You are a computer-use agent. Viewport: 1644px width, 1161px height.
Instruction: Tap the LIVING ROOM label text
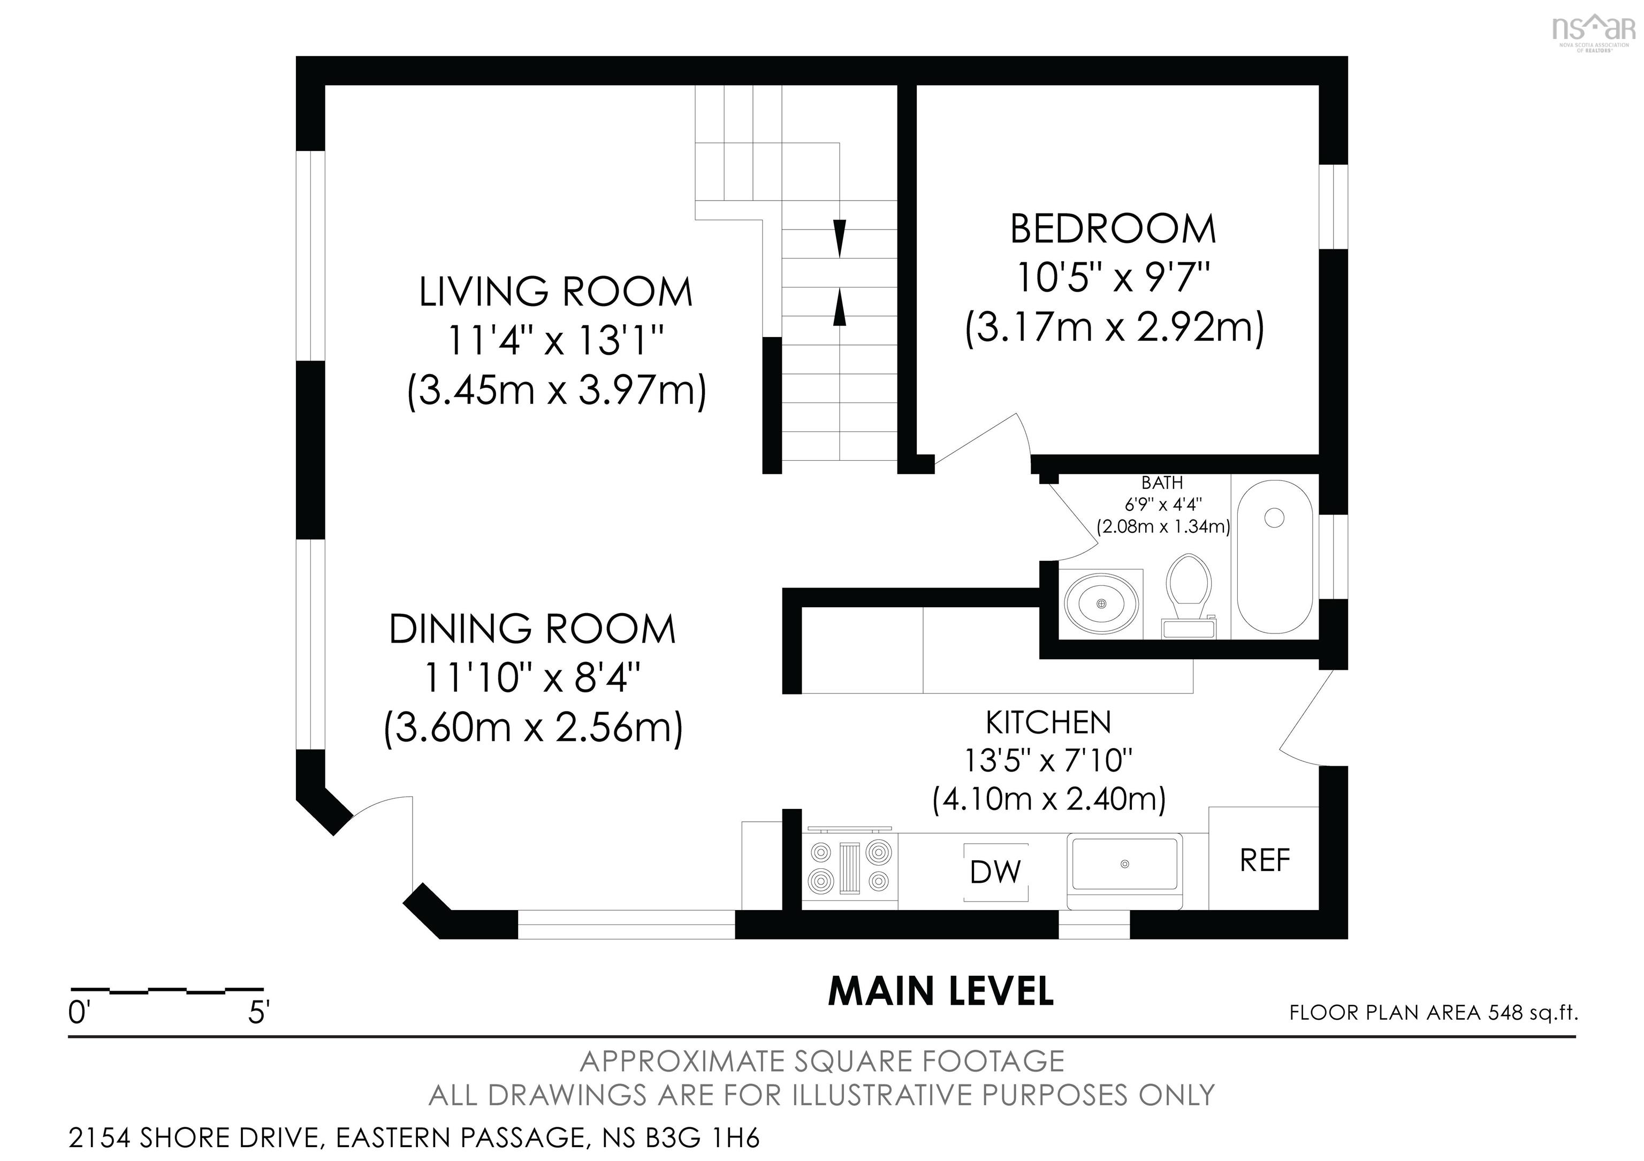point(555,292)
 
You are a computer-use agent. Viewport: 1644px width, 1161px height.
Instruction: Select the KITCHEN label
point(1048,723)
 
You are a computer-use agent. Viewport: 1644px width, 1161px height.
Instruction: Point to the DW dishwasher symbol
point(995,872)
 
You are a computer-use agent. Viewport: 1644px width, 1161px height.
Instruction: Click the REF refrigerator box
point(1264,859)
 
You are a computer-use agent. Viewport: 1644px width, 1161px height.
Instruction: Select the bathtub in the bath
point(1275,556)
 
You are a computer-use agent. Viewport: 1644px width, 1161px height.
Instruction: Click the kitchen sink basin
point(1124,865)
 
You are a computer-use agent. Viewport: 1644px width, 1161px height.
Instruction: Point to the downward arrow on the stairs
point(840,239)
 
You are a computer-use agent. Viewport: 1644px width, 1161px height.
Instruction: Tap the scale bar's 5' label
point(258,1013)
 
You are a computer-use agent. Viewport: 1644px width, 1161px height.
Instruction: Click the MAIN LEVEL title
point(941,992)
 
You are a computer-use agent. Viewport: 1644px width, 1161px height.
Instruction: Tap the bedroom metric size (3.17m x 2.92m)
point(1114,329)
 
